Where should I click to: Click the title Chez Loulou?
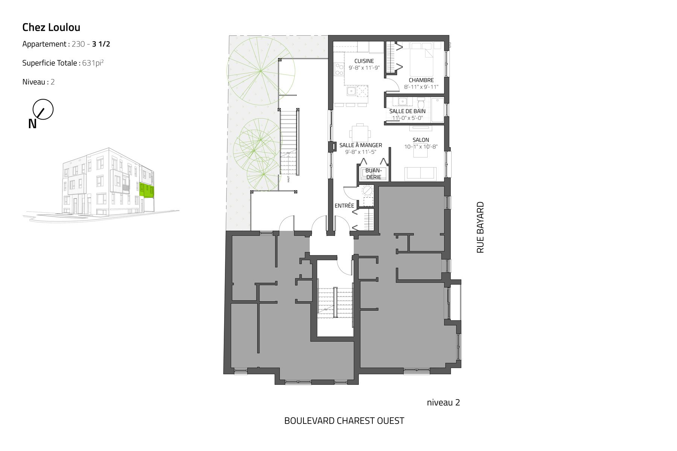pos(51,27)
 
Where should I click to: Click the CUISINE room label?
pos(364,61)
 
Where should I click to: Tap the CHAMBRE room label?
pos(421,80)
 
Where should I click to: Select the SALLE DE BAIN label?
pos(407,111)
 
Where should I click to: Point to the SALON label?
pos(421,140)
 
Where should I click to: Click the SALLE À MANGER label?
pos(361,145)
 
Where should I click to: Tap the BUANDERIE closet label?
pos(373,174)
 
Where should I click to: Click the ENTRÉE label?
pos(345,206)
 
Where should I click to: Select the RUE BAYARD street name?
pos(480,227)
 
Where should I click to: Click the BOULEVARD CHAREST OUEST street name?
pos(344,421)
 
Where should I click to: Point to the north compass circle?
pos(43,109)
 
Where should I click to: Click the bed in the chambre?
pos(422,59)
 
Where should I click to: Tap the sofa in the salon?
pos(420,174)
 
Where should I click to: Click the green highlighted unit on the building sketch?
pos(147,190)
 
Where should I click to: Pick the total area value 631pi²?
pos(93,63)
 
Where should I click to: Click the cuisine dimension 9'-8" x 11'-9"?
pos(364,68)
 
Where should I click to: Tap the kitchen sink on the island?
pos(351,91)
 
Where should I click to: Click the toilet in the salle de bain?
pos(421,103)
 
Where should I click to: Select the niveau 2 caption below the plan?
pos(443,403)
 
